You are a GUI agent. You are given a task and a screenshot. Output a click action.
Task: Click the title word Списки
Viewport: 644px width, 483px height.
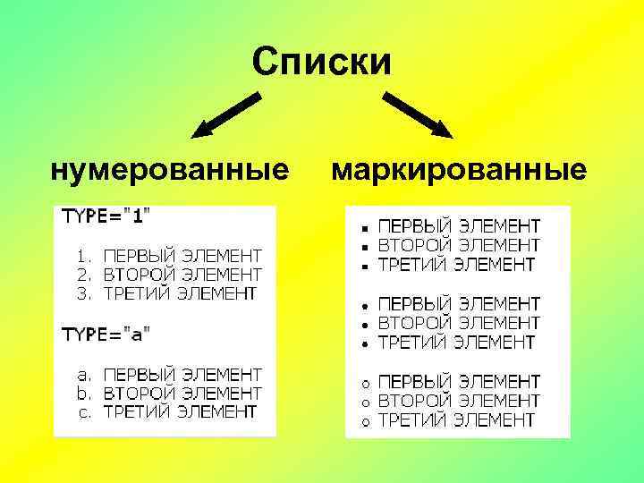tap(321, 63)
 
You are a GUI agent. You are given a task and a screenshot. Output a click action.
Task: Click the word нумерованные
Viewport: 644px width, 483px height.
tap(170, 169)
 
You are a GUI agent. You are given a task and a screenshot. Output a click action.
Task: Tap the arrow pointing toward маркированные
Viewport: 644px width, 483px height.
tap(419, 114)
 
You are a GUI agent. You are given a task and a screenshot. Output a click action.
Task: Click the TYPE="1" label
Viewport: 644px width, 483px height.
tap(106, 216)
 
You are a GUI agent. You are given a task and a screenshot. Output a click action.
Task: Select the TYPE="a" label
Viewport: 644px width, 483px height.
tap(106, 334)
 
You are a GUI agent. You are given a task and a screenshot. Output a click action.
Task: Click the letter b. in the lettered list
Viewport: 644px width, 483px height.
tap(85, 393)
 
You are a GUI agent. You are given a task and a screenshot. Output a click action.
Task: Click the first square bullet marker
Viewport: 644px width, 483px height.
tap(365, 225)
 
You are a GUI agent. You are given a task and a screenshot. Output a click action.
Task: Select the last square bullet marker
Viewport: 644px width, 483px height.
tap(365, 266)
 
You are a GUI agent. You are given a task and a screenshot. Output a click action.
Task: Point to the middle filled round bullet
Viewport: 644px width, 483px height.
tap(365, 323)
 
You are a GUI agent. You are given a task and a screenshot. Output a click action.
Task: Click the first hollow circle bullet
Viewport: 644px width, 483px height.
tap(365, 382)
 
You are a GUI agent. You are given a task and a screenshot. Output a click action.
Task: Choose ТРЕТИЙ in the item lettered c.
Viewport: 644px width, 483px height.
tap(136, 412)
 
